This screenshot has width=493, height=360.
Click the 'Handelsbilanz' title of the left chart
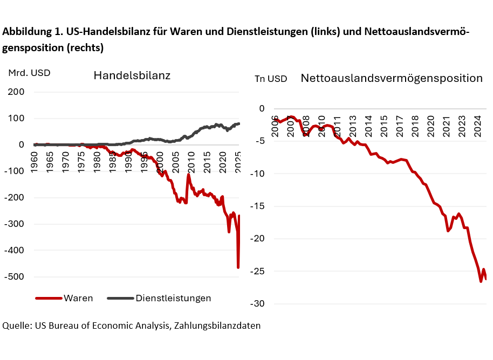[x=132, y=75]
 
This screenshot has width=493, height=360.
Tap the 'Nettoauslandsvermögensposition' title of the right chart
[x=392, y=78]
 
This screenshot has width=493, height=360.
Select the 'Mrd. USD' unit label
[x=29, y=73]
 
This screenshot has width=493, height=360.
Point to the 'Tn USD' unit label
[x=271, y=79]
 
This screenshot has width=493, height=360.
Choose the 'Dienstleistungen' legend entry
[x=173, y=298]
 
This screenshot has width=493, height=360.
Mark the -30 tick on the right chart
[x=258, y=304]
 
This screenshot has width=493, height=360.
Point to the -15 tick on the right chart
[x=258, y=206]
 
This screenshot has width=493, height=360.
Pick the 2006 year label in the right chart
[x=275, y=125]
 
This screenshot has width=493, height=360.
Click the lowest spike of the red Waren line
[x=238, y=267]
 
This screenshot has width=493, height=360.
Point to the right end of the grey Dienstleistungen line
[x=240, y=124]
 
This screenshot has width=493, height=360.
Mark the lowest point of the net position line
[x=481, y=281]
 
